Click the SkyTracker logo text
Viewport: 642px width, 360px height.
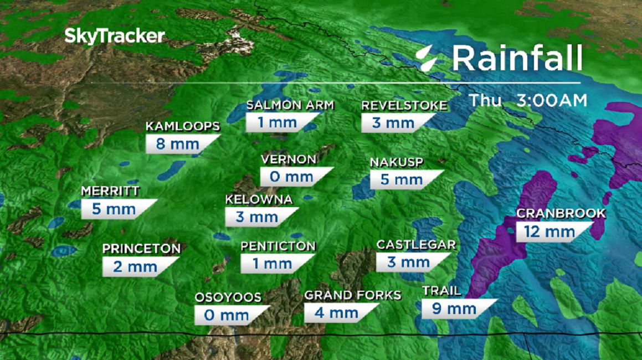[x=115, y=37]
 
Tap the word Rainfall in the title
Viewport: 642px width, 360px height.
[x=517, y=58]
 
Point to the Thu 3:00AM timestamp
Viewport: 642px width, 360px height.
[x=527, y=101]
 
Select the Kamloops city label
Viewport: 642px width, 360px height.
[x=183, y=126]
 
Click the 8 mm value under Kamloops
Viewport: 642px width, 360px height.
[x=178, y=145]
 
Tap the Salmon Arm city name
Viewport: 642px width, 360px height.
[x=290, y=105]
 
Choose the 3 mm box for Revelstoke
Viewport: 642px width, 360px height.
[x=393, y=123]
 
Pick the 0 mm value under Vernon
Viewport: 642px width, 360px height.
[x=291, y=177]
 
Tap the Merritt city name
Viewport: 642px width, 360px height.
[x=110, y=191]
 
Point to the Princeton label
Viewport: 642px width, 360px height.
[x=141, y=249]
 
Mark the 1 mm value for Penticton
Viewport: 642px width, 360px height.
[x=272, y=264]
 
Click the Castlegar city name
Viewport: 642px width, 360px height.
[x=416, y=244]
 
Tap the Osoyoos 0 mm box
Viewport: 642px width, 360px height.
[x=227, y=315]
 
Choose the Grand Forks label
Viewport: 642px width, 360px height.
[x=352, y=295]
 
